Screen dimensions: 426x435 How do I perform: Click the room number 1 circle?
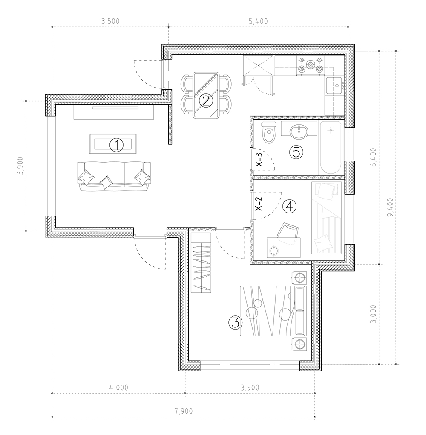117,145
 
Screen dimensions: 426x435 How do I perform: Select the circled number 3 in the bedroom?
235,322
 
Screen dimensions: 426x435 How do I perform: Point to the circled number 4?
290,207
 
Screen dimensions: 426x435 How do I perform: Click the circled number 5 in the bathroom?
296,152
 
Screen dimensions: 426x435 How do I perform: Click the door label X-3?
259,160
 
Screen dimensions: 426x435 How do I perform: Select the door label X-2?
258,204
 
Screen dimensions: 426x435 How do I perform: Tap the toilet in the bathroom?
269,132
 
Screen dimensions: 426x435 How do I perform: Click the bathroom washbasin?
299,131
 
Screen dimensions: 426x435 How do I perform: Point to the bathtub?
331,147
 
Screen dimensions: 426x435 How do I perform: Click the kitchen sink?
335,86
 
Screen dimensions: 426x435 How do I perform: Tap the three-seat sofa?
114,176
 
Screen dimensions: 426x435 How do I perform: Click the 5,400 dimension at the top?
258,21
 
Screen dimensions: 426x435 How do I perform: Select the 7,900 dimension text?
184,411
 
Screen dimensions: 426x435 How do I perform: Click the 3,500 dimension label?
110,21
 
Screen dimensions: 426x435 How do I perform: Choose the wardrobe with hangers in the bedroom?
201,263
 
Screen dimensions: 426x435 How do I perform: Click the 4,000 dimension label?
119,387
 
